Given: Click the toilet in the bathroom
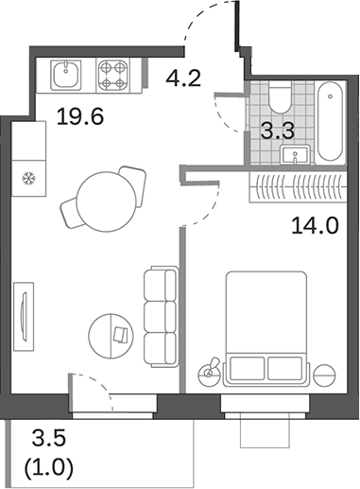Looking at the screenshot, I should click(x=280, y=99).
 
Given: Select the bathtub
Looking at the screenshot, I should click(x=330, y=123).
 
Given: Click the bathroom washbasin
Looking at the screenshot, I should click(x=300, y=154).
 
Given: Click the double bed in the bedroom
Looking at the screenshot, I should click(x=268, y=326).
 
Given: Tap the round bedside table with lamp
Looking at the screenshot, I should click(x=212, y=369).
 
